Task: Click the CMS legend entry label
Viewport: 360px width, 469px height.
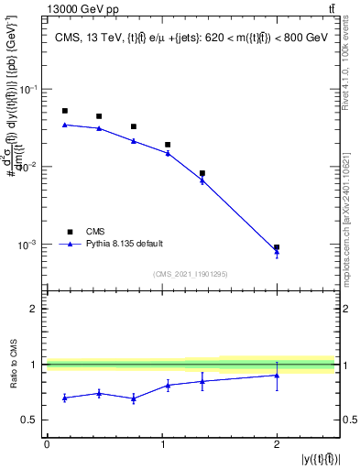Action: pyautogui.click(x=95, y=231)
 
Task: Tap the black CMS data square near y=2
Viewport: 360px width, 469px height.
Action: pyautogui.click(x=277, y=247)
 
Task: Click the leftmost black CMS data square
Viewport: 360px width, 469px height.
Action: pyautogui.click(x=64, y=111)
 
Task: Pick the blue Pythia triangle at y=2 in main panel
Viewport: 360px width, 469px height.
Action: pyautogui.click(x=277, y=253)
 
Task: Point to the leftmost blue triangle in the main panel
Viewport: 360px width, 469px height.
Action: pyautogui.click(x=64, y=125)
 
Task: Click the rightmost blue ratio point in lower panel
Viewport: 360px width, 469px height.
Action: pyautogui.click(x=277, y=375)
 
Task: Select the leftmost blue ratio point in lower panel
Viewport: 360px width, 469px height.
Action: pyautogui.click(x=64, y=398)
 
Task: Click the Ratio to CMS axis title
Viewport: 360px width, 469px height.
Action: pyautogui.click(x=12, y=365)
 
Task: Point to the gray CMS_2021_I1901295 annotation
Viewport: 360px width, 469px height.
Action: pyautogui.click(x=189, y=274)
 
